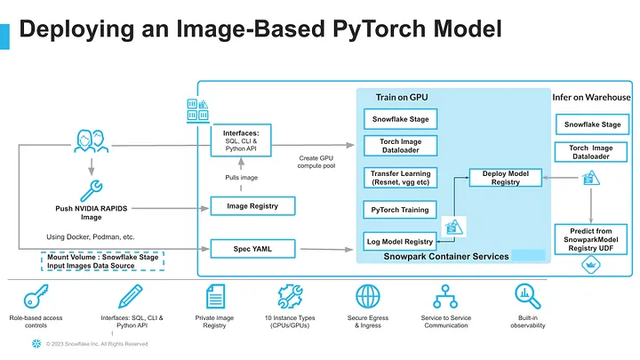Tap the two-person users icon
tap(90, 143)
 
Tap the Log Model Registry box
tap(399, 241)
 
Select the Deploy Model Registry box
tap(505, 177)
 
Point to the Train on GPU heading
tap(400, 97)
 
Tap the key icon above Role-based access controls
tap(37, 297)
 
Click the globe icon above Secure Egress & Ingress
tap(368, 296)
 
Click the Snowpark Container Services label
tap(446, 256)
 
